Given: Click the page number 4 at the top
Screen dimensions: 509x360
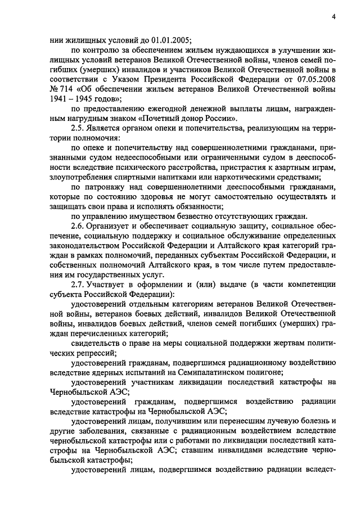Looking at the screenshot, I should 334,16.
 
